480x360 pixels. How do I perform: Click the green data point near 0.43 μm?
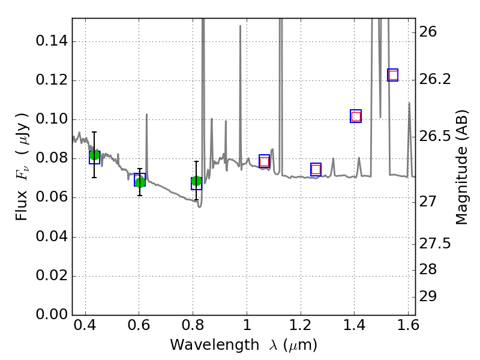click(x=94, y=155)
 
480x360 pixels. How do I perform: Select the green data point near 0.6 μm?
click(x=140, y=182)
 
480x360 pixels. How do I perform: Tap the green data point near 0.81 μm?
click(x=196, y=181)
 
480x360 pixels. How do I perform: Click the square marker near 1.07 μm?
click(x=264, y=161)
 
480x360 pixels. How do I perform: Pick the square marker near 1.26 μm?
click(x=316, y=169)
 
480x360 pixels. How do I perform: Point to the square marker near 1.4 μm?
click(x=356, y=116)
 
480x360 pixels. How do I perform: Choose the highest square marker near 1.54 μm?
click(x=393, y=75)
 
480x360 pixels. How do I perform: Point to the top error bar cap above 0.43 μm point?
click(x=94, y=132)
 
